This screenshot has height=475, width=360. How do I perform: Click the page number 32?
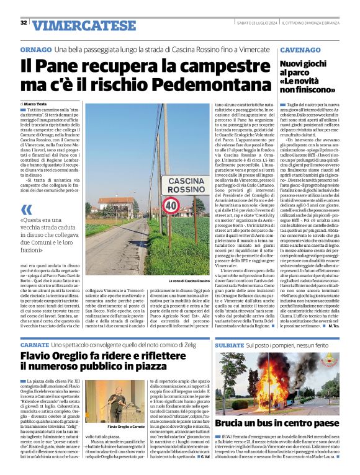click(24, 23)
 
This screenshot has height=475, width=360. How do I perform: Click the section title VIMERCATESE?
click(75, 25)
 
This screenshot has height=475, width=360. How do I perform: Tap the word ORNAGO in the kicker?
click(35, 49)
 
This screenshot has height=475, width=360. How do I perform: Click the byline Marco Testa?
click(38, 104)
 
